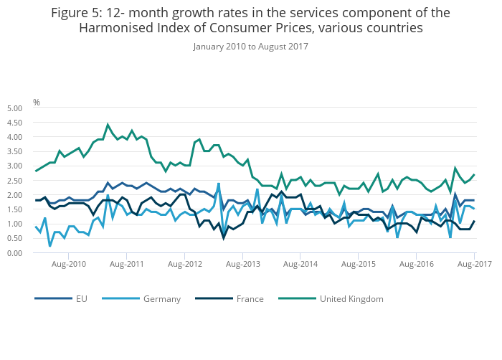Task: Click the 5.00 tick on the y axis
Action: tap(14, 108)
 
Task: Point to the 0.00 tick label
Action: tap(14, 252)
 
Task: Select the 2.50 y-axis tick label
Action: tap(14, 180)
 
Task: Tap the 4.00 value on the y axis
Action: tap(14, 136)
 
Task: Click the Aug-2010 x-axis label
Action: tap(69, 265)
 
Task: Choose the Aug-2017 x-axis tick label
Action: tap(475, 265)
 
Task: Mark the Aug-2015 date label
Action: tap(359, 265)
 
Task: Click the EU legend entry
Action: tap(82, 298)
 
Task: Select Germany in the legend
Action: tap(161, 298)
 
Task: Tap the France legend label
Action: tap(250, 298)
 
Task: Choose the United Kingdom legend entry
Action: tap(351, 298)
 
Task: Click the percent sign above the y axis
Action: tap(37, 102)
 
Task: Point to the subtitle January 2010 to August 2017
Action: tap(250, 47)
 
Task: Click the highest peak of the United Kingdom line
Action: tap(108, 125)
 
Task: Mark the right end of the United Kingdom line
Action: tap(474, 174)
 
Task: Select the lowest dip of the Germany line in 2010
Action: tap(49, 246)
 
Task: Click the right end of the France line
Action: tap(474, 221)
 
